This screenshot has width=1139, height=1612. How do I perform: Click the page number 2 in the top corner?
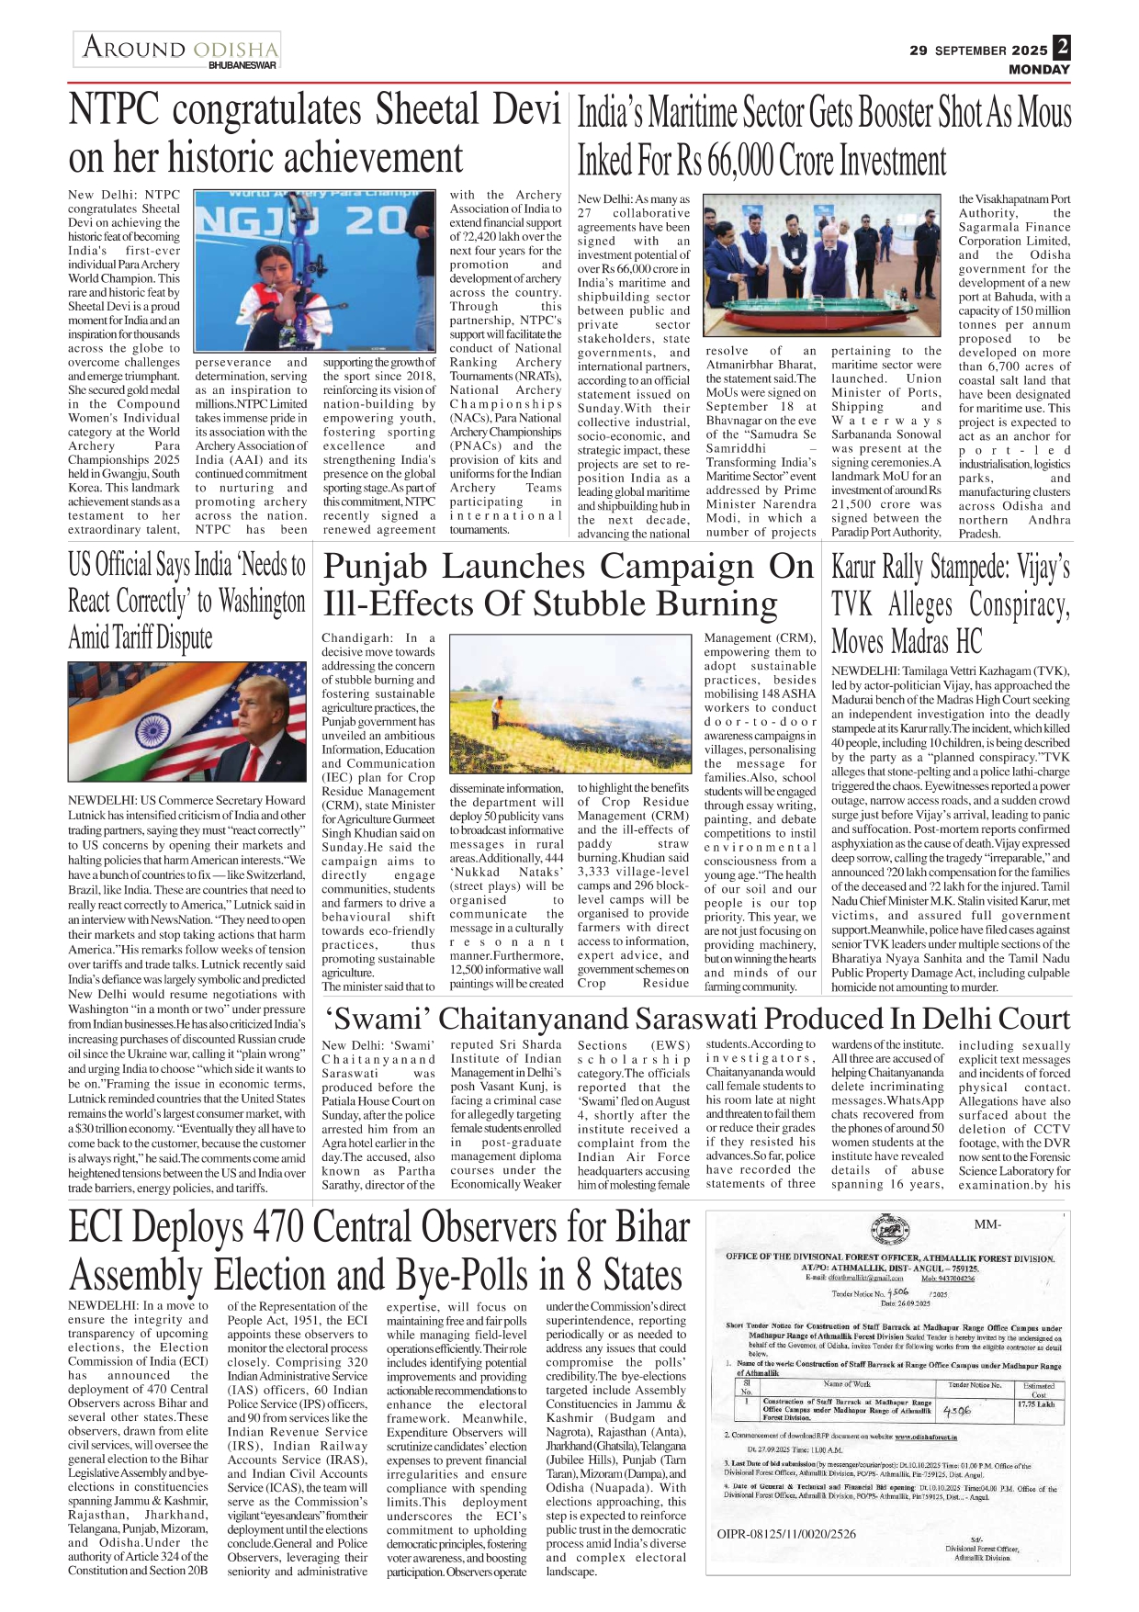(1062, 47)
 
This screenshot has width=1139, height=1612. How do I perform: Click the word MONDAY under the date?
(1039, 70)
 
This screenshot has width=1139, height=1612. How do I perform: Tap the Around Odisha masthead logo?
(178, 49)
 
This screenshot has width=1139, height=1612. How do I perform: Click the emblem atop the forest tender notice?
(887, 1231)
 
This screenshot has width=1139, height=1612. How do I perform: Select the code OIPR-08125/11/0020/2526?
(786, 1533)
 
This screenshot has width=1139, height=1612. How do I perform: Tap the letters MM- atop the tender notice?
(987, 1224)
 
